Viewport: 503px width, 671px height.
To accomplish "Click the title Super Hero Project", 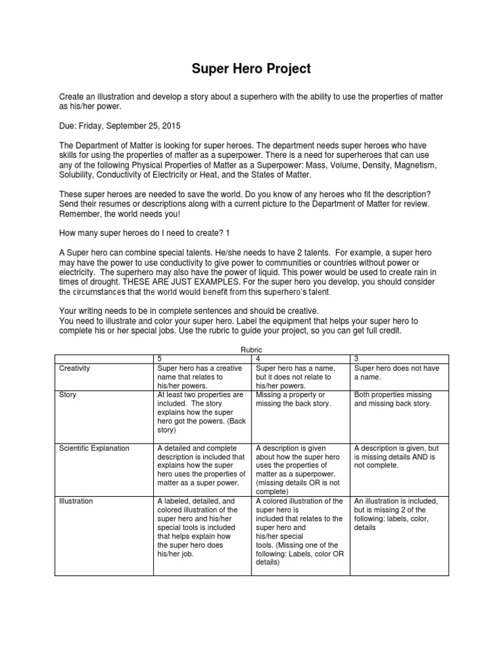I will (251, 68).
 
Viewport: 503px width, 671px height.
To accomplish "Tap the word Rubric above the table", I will (251, 351).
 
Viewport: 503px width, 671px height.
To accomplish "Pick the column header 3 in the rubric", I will (356, 359).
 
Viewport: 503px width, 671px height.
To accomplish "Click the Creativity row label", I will (75, 368).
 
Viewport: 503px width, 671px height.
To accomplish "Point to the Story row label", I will (68, 395).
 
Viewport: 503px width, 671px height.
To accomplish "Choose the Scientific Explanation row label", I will (94, 448).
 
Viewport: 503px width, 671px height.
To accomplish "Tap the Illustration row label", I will (76, 501).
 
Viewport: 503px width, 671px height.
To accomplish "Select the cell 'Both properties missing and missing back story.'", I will (392, 400).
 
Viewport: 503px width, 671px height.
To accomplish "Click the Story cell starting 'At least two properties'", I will (201, 413).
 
